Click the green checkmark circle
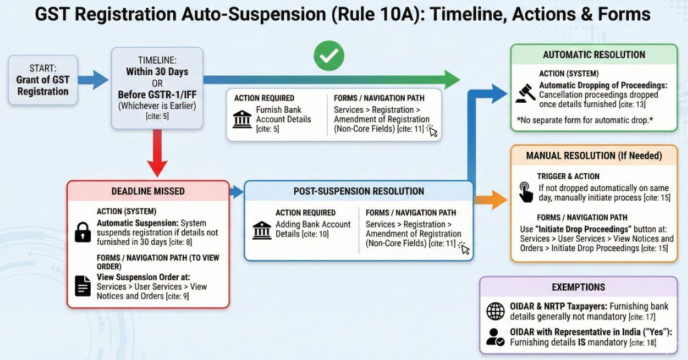(x=329, y=56)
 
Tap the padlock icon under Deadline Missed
(x=82, y=231)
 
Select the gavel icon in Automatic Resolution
(x=525, y=94)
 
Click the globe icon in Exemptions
(x=496, y=312)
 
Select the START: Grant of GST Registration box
(x=43, y=80)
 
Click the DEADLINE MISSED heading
(x=148, y=191)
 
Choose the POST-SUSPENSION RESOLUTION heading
(x=359, y=191)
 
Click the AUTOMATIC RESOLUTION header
(x=594, y=55)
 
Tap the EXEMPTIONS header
(x=578, y=287)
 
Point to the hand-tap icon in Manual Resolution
(x=526, y=192)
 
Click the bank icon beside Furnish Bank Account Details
(x=242, y=119)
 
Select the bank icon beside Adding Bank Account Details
(x=261, y=230)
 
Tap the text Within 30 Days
(x=157, y=71)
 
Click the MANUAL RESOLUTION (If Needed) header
(x=594, y=156)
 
